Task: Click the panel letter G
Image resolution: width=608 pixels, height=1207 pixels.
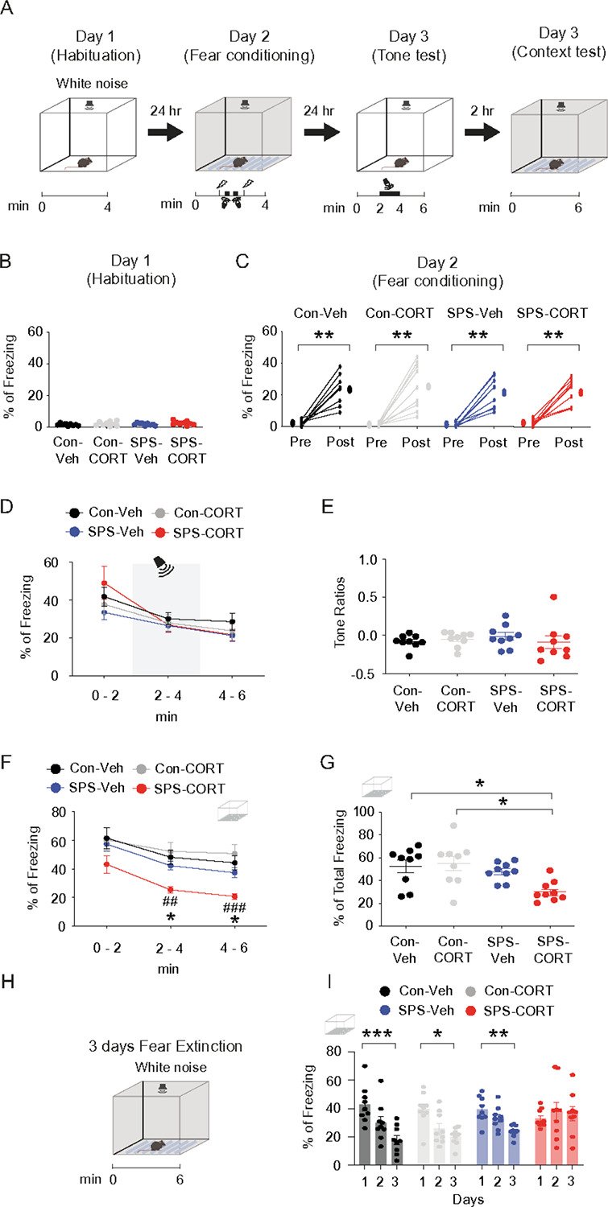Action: pyautogui.click(x=328, y=763)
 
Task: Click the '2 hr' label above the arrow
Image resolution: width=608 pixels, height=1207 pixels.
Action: pyautogui.click(x=482, y=111)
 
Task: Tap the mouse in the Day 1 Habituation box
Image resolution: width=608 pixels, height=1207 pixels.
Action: pyautogui.click(x=85, y=162)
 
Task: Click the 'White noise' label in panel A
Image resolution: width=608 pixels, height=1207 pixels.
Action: pyautogui.click(x=93, y=84)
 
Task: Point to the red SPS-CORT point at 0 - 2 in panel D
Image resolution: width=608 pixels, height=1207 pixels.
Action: pyautogui.click(x=105, y=583)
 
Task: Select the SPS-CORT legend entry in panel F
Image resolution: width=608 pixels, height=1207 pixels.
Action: pyautogui.click(x=181, y=789)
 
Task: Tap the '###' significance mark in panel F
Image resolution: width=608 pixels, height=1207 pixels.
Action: pyautogui.click(x=234, y=908)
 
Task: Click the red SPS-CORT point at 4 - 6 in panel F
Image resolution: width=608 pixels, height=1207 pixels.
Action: pyautogui.click(x=234, y=896)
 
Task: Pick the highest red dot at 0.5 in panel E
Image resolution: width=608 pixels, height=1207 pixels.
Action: pyautogui.click(x=553, y=597)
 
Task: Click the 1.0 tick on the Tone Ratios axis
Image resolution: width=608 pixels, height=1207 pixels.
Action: pyautogui.click(x=368, y=560)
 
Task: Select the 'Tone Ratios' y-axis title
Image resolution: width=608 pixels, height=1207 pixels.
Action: pyautogui.click(x=339, y=612)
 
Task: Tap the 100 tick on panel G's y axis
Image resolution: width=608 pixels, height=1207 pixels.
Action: pyautogui.click(x=364, y=812)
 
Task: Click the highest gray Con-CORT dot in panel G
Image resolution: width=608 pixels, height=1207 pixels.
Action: pyautogui.click(x=453, y=826)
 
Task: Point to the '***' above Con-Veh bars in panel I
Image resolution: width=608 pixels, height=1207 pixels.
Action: pyautogui.click(x=378, y=1034)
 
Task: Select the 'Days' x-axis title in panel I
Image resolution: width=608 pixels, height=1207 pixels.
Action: pyautogui.click(x=468, y=1200)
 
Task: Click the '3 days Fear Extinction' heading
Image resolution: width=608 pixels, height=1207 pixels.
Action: pyautogui.click(x=166, y=1046)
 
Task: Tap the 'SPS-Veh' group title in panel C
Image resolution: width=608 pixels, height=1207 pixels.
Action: pyautogui.click(x=475, y=313)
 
